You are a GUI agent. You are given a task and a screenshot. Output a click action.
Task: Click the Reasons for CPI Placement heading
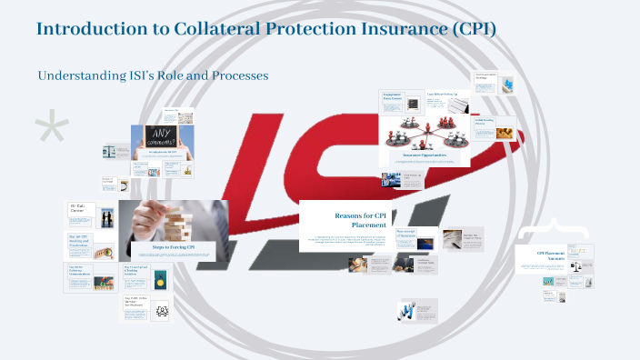(x=360, y=219)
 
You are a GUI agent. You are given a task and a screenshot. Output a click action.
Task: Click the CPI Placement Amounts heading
(x=551, y=255)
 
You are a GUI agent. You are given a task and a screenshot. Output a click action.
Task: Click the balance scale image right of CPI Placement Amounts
(x=575, y=271)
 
